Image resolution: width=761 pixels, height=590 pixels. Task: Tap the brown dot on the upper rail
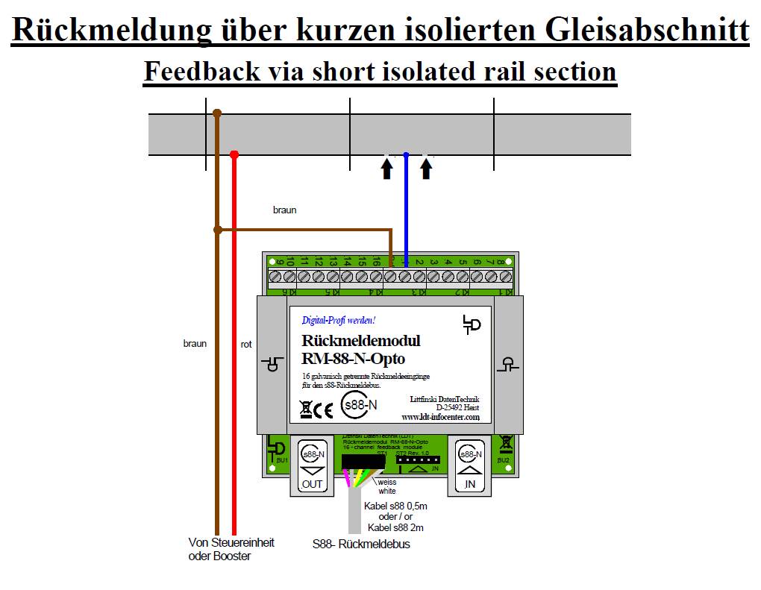point(217,113)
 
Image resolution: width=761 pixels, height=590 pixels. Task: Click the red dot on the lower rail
point(234,154)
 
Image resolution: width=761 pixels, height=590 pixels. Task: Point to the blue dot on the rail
point(406,155)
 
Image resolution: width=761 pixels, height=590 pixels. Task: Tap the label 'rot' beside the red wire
point(246,344)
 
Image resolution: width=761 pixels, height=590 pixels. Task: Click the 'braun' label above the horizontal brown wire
point(284,210)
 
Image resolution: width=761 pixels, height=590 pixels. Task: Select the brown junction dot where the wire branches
point(217,230)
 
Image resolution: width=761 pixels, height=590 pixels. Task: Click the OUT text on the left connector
point(312,484)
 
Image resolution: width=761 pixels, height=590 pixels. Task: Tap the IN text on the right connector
point(469,484)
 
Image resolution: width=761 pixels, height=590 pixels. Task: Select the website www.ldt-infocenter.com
point(440,418)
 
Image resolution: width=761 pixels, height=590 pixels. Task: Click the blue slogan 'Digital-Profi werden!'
point(338,321)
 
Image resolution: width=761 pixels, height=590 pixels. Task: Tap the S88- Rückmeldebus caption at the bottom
point(361,545)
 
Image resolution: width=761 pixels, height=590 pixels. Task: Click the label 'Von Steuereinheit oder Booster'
point(231,549)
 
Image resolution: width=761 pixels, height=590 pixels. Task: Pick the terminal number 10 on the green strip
point(292,262)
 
